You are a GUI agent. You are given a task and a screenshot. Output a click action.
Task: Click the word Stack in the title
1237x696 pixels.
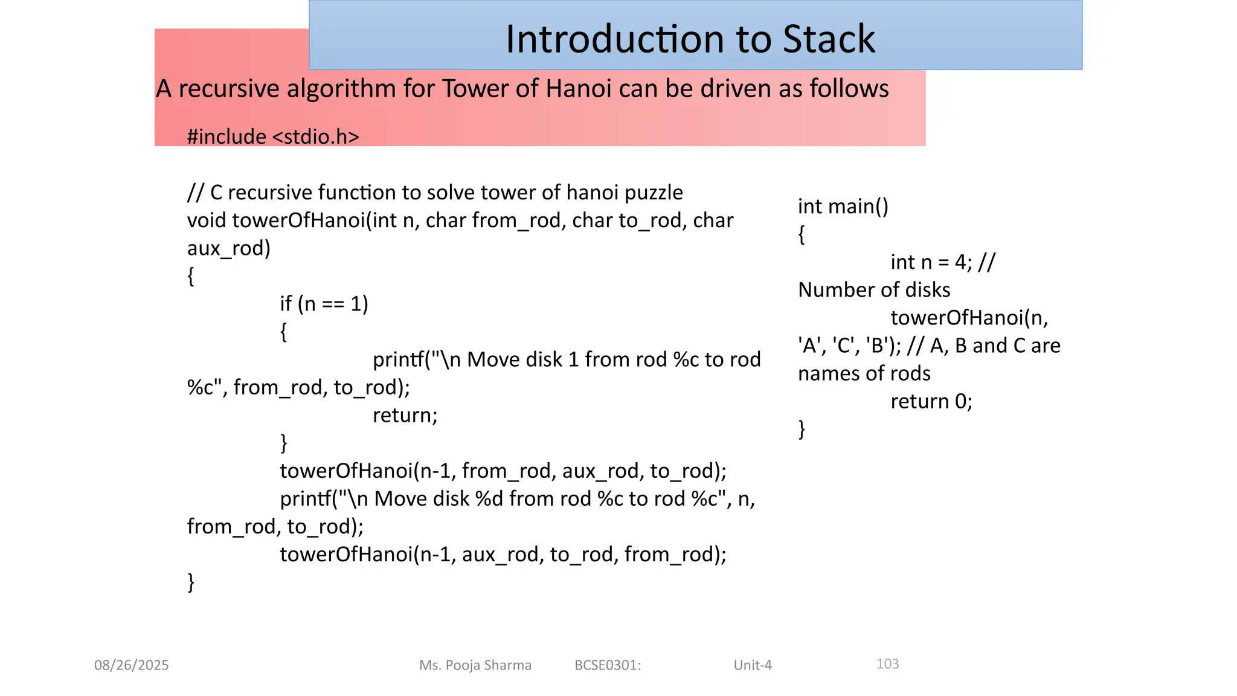tap(829, 39)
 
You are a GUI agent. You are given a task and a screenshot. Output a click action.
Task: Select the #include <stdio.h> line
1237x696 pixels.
tap(273, 137)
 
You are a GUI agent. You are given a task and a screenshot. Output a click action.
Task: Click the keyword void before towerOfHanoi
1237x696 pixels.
tap(207, 221)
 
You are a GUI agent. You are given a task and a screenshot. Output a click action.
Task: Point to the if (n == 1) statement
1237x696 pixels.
tap(324, 303)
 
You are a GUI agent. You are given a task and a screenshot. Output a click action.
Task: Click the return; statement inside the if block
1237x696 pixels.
tap(405, 415)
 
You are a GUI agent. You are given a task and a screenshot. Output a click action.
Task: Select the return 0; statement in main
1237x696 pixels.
tap(931, 401)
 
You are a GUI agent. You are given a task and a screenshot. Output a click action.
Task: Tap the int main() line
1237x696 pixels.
tap(843, 207)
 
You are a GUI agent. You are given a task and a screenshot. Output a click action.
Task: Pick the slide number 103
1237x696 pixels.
tap(887, 664)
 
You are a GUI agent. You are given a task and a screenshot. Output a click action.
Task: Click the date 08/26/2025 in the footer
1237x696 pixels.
tap(132, 665)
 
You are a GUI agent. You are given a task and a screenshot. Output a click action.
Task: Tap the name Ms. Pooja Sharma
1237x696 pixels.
tap(475, 665)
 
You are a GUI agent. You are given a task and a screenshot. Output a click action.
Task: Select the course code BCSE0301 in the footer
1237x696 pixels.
tap(606, 665)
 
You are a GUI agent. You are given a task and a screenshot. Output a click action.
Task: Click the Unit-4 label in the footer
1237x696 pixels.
tap(753, 665)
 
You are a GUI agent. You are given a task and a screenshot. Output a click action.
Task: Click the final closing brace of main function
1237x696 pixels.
tap(802, 429)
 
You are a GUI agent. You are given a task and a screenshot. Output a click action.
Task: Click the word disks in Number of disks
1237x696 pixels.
tap(927, 290)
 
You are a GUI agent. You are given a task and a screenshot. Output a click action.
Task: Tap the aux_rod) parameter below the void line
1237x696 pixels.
tap(229, 248)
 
